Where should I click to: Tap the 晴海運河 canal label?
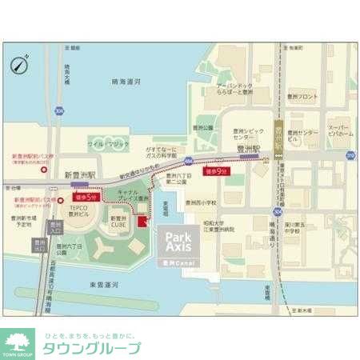coord(126,82)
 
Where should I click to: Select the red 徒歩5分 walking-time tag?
coord(86,196)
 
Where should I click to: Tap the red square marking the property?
coord(142,221)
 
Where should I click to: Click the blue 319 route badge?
coord(350,155)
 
